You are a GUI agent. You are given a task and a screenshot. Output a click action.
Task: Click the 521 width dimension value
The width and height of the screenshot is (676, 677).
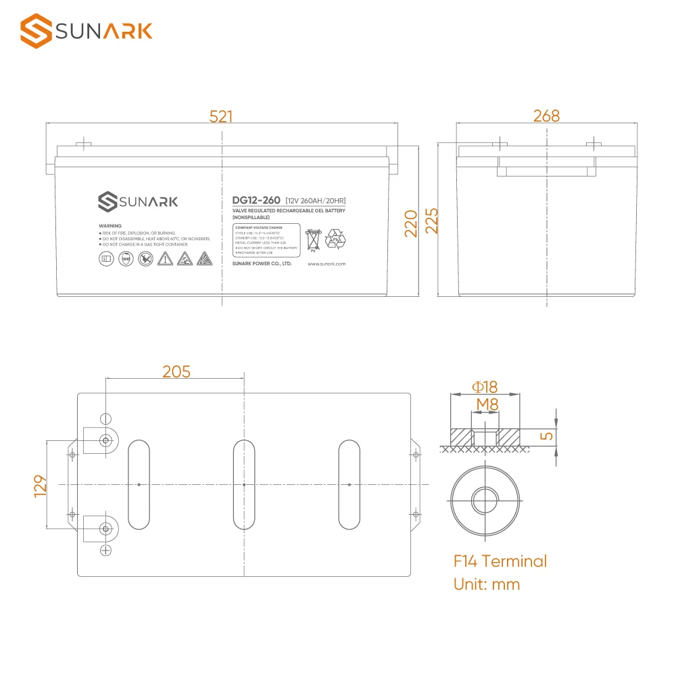(221, 116)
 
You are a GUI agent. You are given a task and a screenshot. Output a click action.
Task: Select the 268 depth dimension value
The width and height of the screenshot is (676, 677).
(546, 116)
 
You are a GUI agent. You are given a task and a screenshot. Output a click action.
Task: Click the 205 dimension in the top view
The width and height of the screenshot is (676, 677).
(176, 371)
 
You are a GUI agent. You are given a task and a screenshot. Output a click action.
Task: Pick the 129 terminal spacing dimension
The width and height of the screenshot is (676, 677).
(39, 485)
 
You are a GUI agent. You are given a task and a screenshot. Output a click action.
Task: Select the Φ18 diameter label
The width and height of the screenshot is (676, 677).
(484, 387)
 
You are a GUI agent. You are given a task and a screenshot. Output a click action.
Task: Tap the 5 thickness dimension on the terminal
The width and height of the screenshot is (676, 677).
(548, 436)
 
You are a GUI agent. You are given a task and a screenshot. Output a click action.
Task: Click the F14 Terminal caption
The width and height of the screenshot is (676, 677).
(500, 561)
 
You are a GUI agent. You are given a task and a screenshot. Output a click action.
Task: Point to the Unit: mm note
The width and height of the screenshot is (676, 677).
(487, 584)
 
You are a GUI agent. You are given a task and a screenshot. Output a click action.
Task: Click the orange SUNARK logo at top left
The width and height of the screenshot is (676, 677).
(87, 31)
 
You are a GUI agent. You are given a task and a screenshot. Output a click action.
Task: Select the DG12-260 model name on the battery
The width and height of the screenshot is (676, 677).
(256, 201)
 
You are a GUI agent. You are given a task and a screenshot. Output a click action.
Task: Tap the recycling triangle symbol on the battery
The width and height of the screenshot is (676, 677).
(335, 239)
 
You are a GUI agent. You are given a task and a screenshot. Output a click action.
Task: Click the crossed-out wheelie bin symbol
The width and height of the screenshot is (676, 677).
(313, 240)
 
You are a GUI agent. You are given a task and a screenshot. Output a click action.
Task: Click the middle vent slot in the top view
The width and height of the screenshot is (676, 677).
(243, 484)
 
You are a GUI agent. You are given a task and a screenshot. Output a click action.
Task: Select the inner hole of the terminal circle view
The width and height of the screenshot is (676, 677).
(485, 501)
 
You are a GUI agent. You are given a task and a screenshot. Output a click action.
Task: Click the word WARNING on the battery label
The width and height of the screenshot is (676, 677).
(110, 226)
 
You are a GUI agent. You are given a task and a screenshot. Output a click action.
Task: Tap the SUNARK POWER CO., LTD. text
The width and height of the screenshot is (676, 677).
(262, 264)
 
